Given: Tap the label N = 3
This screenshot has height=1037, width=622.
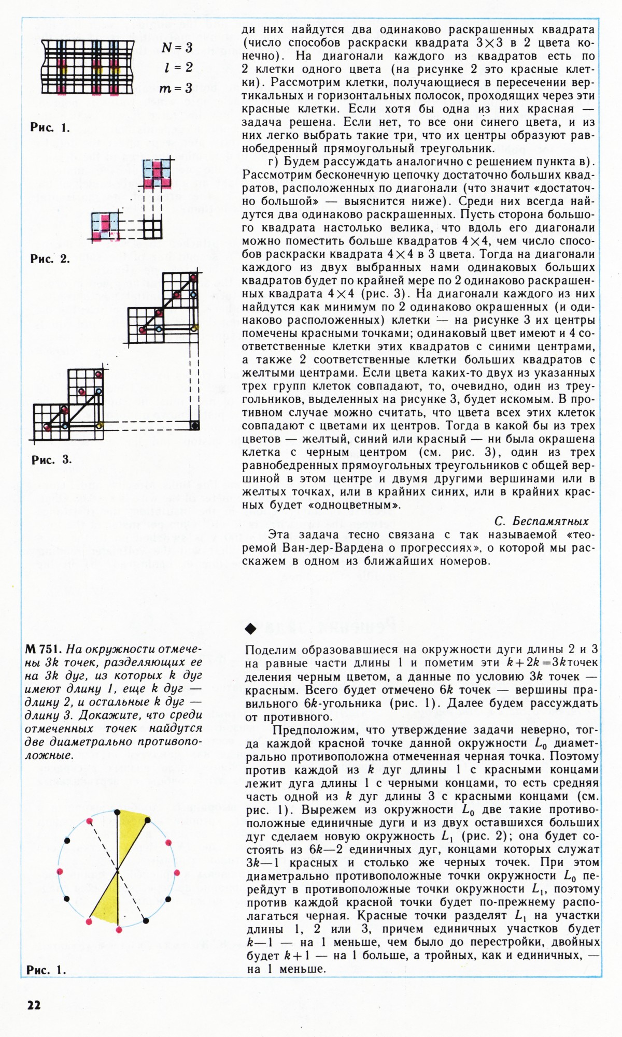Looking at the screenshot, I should coord(177,48).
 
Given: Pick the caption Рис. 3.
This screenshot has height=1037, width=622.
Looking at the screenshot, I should coord(51,459).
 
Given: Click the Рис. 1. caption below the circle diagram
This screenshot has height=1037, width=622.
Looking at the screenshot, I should coord(46,970).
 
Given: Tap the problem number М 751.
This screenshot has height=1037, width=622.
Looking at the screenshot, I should coord(44,650).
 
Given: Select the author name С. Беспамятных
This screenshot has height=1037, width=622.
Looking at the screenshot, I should coord(541,521).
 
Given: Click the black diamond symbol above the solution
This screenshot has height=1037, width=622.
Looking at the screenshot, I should coord(251,629).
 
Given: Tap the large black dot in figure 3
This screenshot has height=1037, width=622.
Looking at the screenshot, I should coord(194,426).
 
